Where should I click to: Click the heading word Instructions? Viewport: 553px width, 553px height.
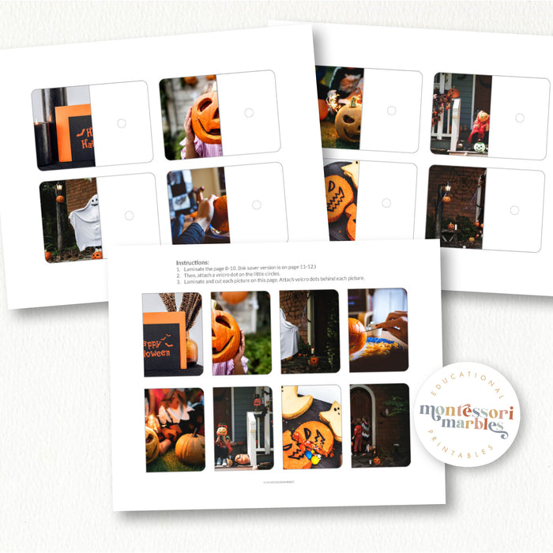point(193,262)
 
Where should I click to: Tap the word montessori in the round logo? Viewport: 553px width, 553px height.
point(466,412)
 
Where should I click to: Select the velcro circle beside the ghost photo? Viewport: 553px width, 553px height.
point(129,215)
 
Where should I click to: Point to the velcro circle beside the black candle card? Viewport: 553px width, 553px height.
point(121,123)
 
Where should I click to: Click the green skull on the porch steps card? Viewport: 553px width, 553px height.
point(480,147)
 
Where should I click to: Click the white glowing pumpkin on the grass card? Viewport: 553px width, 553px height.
point(348,122)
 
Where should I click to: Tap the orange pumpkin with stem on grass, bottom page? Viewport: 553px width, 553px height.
point(190,448)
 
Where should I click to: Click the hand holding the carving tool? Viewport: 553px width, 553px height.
point(393,325)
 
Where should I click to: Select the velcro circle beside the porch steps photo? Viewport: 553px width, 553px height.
point(519,118)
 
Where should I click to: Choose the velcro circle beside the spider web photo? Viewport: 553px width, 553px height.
point(514,209)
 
